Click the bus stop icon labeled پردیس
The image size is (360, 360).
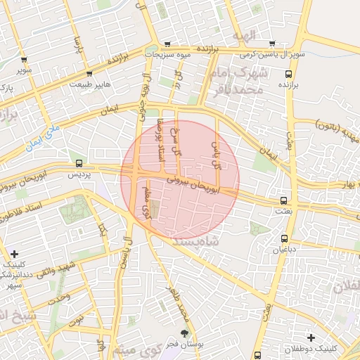(78, 162)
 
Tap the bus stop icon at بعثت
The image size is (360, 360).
(283, 200)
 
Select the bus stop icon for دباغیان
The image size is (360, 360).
(284, 238)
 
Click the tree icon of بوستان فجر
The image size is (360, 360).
(185, 333)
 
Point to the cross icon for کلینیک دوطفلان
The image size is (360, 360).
(311, 338)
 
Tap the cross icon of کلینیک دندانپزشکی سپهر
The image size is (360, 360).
(15, 254)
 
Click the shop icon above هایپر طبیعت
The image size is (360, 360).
(89, 73)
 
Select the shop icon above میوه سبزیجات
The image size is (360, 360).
(167, 44)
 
